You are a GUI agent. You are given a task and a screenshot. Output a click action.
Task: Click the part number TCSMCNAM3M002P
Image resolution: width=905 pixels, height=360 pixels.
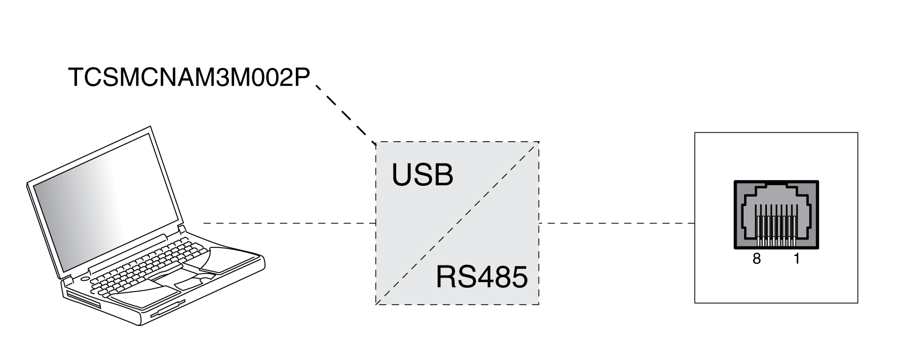(189, 78)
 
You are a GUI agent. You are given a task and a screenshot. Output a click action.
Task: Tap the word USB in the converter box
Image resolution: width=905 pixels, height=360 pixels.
(422, 175)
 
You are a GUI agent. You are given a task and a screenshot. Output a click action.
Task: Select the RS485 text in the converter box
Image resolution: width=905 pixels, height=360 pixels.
(481, 277)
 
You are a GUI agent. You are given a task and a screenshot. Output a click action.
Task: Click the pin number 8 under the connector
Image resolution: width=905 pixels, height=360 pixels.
(756, 260)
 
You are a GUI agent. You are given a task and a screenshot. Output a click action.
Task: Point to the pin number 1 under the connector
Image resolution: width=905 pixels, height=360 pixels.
(796, 260)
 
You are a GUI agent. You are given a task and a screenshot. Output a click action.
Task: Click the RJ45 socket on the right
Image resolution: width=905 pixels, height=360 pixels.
(776, 215)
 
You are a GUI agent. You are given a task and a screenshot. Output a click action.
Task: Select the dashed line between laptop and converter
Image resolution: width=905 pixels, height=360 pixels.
(289, 224)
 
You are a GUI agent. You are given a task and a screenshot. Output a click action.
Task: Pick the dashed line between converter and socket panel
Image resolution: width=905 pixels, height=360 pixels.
(616, 224)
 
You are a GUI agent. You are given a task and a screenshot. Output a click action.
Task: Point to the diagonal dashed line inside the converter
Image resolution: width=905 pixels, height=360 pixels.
(457, 223)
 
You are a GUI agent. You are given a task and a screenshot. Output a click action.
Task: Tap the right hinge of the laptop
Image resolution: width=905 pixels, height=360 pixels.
(182, 230)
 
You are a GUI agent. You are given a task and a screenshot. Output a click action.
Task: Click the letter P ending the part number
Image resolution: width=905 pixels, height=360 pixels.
(302, 78)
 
